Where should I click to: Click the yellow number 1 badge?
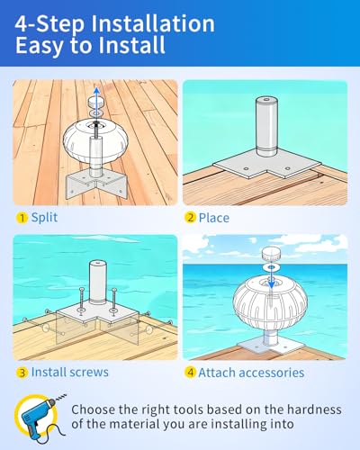(x=22, y=218)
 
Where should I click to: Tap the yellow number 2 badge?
(x=190, y=218)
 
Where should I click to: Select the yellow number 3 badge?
(x=22, y=373)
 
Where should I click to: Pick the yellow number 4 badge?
(x=191, y=373)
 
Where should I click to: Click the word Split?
(x=44, y=218)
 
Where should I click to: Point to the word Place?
(x=214, y=218)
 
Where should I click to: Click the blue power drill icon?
(x=40, y=415)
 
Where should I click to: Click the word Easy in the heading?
(x=40, y=46)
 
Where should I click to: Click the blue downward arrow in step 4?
(x=271, y=273)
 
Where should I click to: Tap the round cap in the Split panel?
(x=96, y=102)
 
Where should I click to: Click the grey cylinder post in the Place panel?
(x=265, y=126)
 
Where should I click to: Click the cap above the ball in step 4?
(x=271, y=254)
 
